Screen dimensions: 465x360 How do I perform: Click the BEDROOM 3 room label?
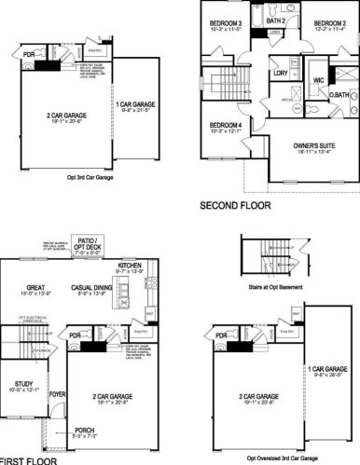[x=227, y=23]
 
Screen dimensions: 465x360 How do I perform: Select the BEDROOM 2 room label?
[x=330, y=23]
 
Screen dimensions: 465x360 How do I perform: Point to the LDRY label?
[x=279, y=72]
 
